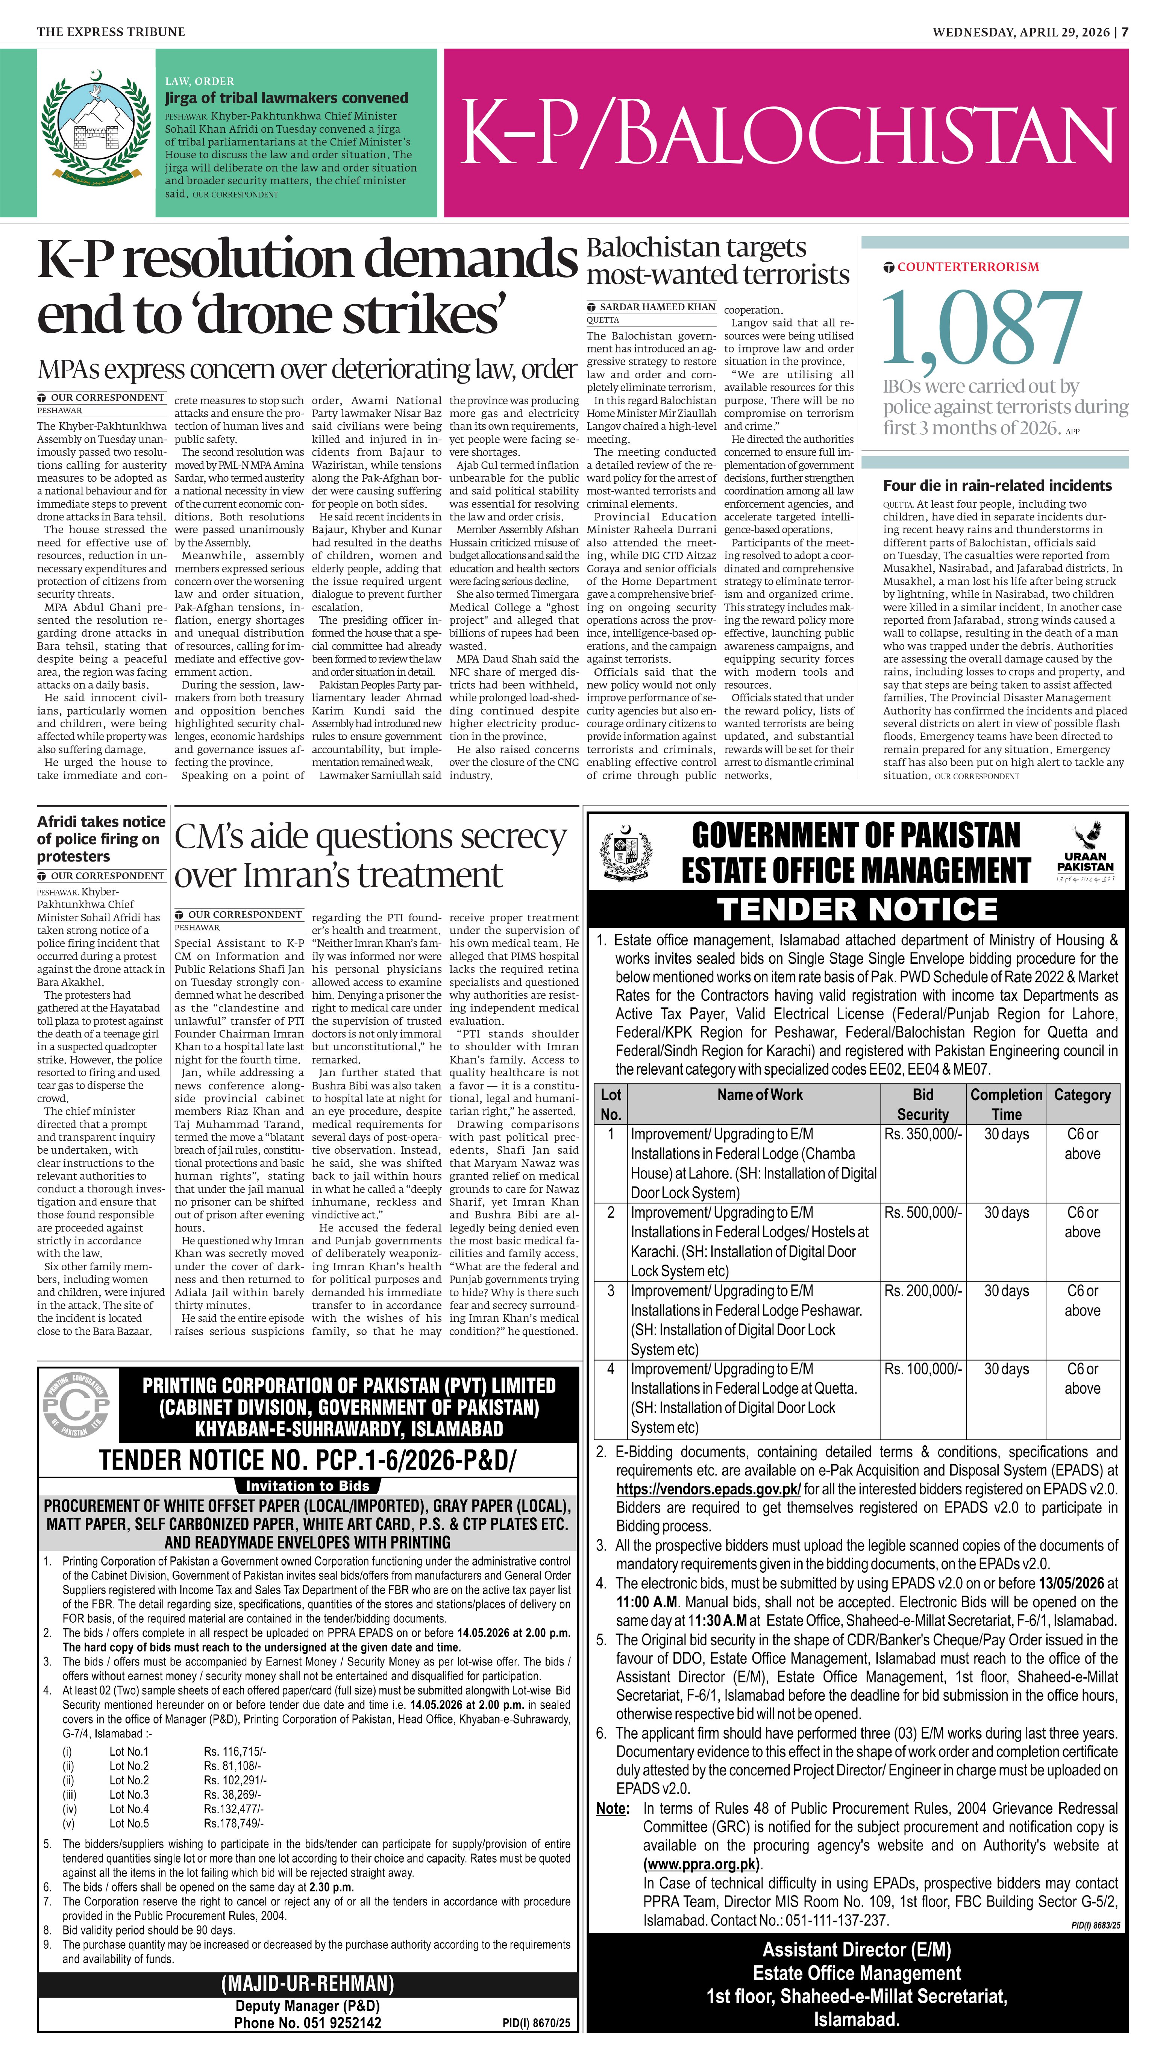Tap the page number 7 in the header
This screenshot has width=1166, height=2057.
click(1124, 32)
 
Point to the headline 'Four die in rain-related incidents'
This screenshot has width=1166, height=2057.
click(997, 485)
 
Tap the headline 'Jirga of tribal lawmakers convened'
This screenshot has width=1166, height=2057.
click(286, 98)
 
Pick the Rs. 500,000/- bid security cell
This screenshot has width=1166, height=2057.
click(923, 1212)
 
